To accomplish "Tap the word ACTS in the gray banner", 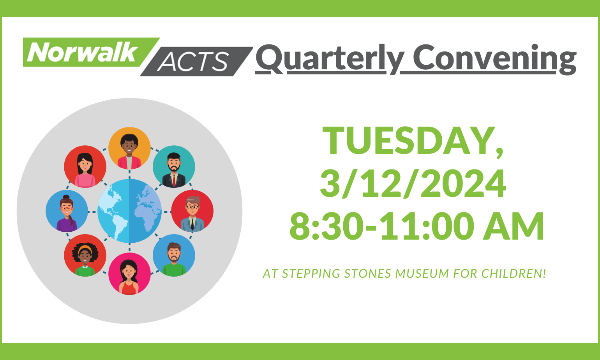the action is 193,61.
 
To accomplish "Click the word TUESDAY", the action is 413,142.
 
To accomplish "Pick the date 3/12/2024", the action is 413,184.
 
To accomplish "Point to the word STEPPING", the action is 311,274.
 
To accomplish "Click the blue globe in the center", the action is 130,211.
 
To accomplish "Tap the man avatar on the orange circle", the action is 130,148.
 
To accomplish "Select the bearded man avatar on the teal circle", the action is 174,167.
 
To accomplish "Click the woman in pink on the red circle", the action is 85,167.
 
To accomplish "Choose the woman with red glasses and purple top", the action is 67,211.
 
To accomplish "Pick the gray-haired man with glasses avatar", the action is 192,211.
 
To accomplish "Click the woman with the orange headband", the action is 85,255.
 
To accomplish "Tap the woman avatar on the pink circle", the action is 130,274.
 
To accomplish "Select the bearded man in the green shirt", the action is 174,255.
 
